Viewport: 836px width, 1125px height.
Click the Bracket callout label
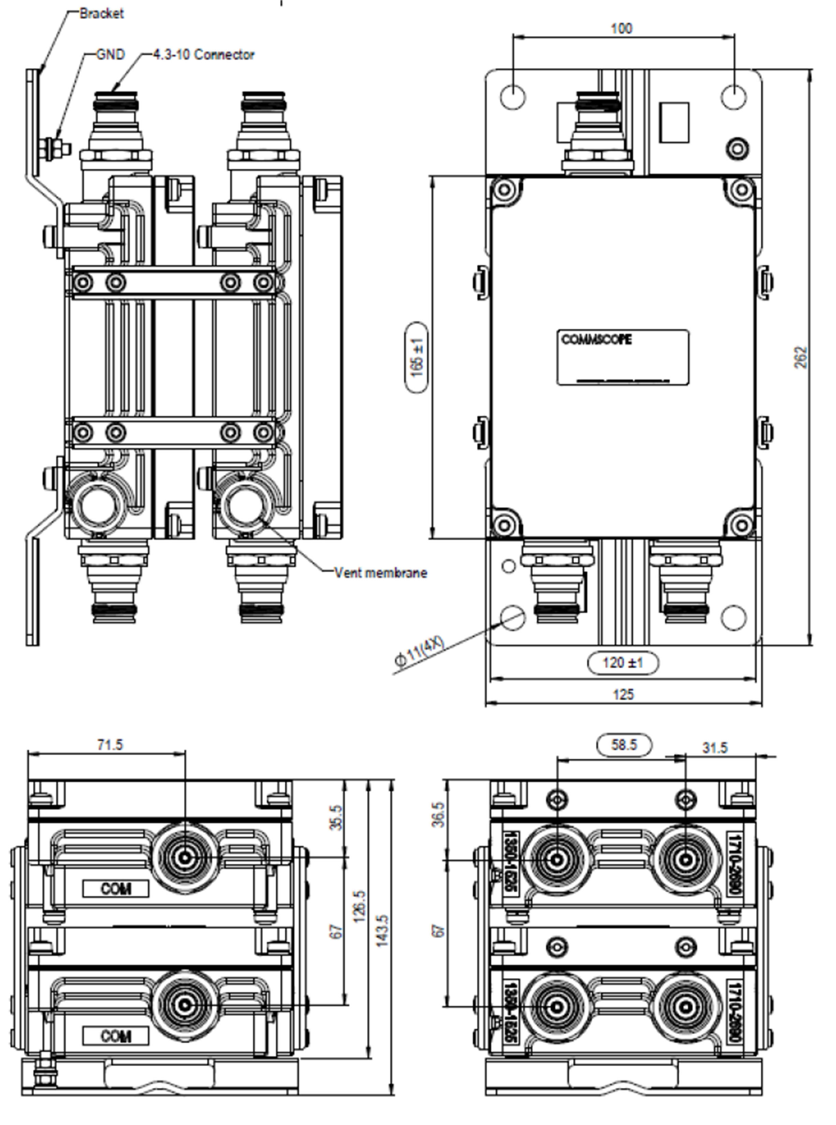pyautogui.click(x=101, y=14)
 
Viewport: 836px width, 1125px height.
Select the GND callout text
pyautogui.click(x=110, y=55)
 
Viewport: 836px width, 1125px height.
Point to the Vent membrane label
pyautogui.click(x=380, y=573)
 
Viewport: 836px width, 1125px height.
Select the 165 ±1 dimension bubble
pyautogui.click(x=417, y=358)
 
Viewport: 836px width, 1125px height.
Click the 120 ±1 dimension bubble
pyautogui.click(x=623, y=662)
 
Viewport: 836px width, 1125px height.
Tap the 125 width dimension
pyautogui.click(x=623, y=694)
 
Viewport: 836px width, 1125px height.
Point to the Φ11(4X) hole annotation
pyautogui.click(x=419, y=653)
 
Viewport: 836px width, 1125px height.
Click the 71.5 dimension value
pyautogui.click(x=110, y=745)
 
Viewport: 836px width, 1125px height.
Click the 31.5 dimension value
pyautogui.click(x=715, y=747)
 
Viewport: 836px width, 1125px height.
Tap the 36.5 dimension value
pyautogui.click(x=439, y=814)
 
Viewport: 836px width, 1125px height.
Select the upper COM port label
pyautogui.click(x=116, y=888)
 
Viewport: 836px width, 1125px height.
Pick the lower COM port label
pyautogui.click(x=116, y=1036)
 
